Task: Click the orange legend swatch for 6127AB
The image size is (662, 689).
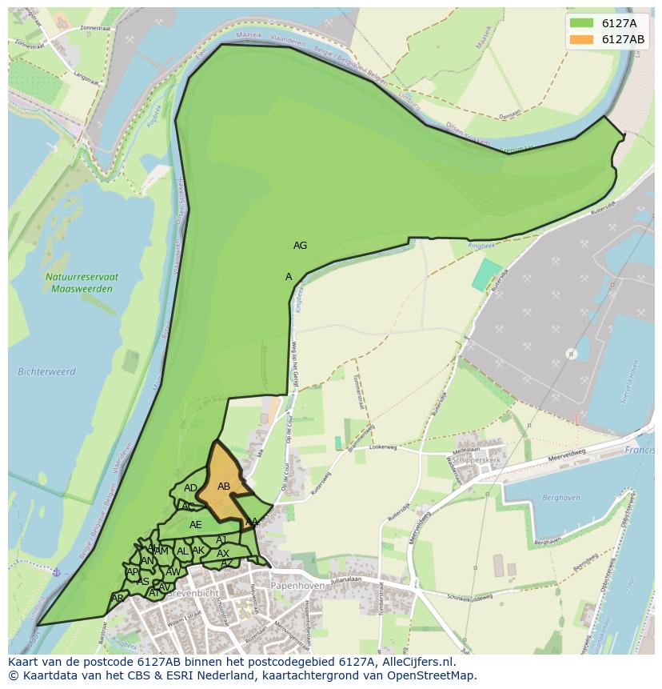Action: (x=582, y=39)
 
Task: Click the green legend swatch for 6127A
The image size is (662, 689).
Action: (x=582, y=23)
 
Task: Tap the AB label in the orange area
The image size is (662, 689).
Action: (x=224, y=487)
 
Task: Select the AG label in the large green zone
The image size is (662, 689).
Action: (x=300, y=246)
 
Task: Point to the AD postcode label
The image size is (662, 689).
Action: (x=190, y=488)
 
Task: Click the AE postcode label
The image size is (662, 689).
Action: (x=196, y=525)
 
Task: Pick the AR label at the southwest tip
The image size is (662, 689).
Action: (x=118, y=599)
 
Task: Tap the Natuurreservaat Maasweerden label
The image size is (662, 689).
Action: (x=82, y=282)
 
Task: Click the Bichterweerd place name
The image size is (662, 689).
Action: (x=46, y=371)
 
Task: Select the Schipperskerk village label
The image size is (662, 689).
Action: (x=477, y=461)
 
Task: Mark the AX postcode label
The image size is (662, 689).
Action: (x=223, y=554)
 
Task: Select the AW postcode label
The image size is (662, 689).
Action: (x=173, y=572)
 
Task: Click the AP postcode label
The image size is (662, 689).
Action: (x=133, y=571)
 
